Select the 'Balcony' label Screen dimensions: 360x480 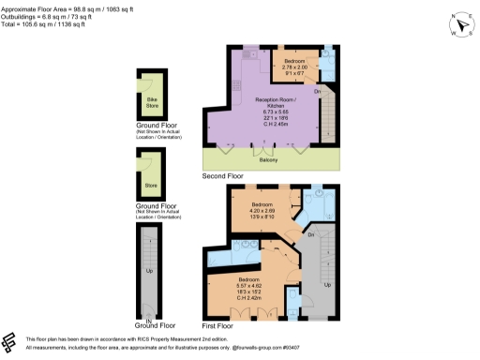tap(268, 159)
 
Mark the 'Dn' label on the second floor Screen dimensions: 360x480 tap(318, 91)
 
